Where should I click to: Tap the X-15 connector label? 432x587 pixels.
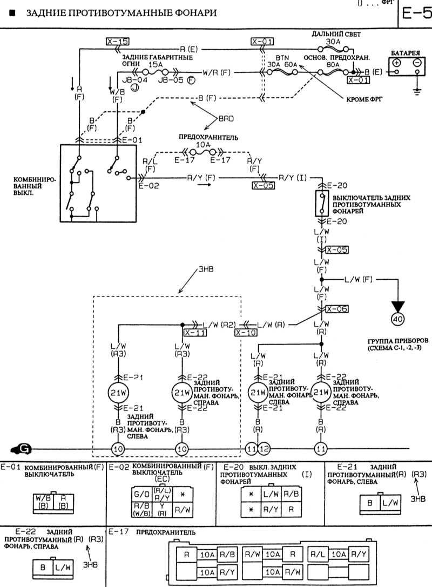point(117,41)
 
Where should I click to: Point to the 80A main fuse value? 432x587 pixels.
point(333,64)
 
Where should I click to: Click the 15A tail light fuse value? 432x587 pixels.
point(155,64)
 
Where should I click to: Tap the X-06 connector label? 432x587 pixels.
point(336,309)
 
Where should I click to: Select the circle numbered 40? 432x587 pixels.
point(397,320)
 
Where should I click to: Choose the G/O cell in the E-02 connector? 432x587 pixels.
point(139,493)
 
